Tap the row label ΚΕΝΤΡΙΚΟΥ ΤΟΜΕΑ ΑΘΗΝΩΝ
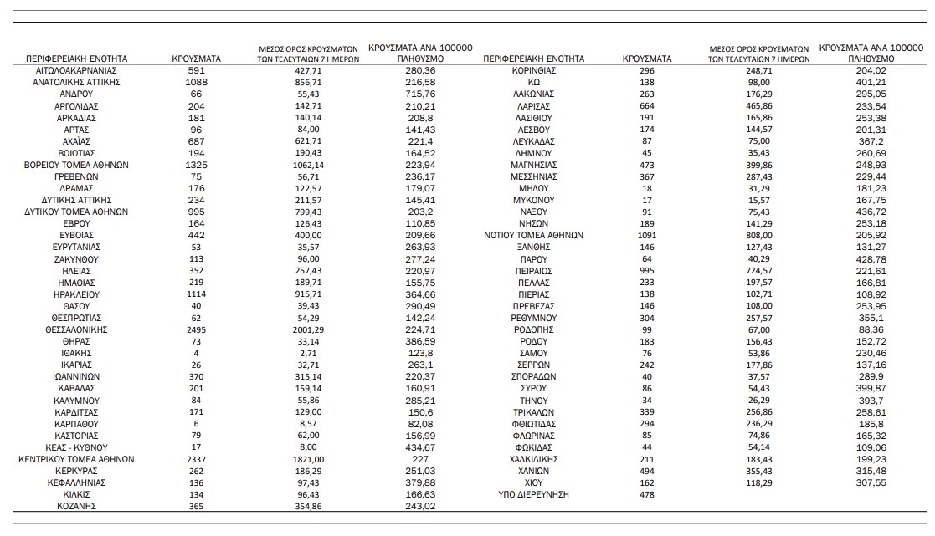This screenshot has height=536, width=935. (x=76, y=459)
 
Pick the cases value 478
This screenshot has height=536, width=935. (x=647, y=495)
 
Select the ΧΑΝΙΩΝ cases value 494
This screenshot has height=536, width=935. (x=647, y=471)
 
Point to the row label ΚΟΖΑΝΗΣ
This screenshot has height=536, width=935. (x=76, y=507)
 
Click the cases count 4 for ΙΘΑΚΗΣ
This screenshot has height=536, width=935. (x=197, y=353)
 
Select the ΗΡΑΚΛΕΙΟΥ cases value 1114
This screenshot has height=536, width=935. (x=197, y=295)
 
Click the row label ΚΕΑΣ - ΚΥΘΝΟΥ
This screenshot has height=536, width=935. (x=76, y=447)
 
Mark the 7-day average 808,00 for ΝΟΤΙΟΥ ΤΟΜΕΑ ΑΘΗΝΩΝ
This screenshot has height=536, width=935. (x=759, y=236)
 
